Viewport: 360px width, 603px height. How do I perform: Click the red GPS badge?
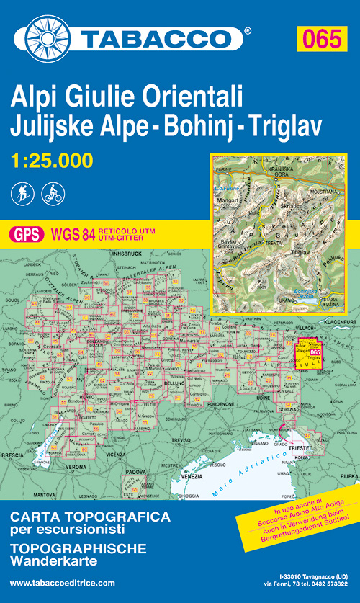(x=26, y=233)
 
